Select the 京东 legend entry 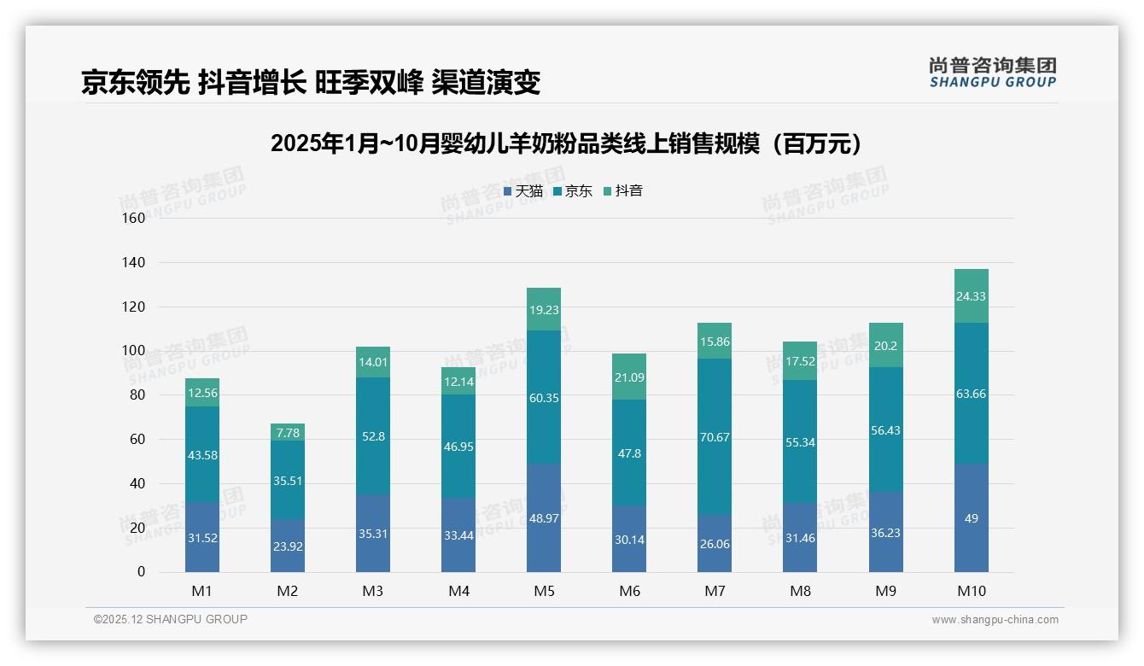[x=573, y=191]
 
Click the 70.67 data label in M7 [x=715, y=437]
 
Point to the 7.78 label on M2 [x=288, y=433]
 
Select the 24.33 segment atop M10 [x=971, y=296]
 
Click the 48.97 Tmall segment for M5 [x=544, y=518]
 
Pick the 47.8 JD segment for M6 [x=629, y=453]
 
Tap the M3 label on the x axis [x=373, y=591]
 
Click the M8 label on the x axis [x=800, y=591]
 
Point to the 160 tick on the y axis [x=134, y=218]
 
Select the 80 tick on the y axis [x=137, y=395]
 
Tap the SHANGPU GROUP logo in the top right [x=992, y=73]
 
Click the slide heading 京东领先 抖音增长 [x=311, y=82]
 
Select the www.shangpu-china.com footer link [x=995, y=620]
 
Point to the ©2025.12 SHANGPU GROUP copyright [x=171, y=619]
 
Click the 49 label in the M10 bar [x=971, y=518]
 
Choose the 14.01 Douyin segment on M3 [x=373, y=362]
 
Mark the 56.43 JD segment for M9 [x=885, y=430]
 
